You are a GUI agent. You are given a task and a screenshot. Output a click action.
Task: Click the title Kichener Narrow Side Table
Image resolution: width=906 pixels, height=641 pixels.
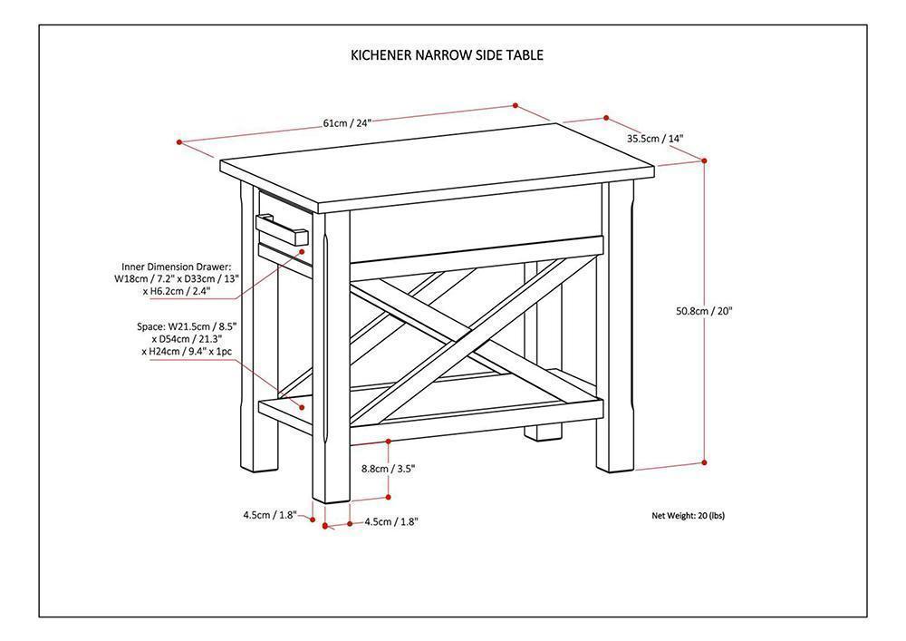coord(447,54)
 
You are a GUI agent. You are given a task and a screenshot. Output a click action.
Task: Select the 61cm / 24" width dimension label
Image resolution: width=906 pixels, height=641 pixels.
coord(348,122)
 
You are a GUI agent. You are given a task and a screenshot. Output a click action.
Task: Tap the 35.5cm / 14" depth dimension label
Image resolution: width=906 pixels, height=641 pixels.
coord(655,139)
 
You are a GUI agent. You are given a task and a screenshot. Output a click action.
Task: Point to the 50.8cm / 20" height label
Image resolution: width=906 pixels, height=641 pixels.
coord(704,310)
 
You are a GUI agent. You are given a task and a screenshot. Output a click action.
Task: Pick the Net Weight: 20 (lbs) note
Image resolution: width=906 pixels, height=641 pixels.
coord(688,516)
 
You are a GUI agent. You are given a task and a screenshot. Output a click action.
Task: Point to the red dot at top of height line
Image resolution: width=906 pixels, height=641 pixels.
coord(705,160)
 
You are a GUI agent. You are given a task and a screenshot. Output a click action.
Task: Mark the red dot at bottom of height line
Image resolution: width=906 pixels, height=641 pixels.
coord(705,462)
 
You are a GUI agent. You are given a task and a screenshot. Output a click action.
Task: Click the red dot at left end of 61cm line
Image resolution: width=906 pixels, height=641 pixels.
coord(180,141)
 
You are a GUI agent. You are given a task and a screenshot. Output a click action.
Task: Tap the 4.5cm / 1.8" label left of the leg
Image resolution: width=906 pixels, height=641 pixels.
coord(269,515)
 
